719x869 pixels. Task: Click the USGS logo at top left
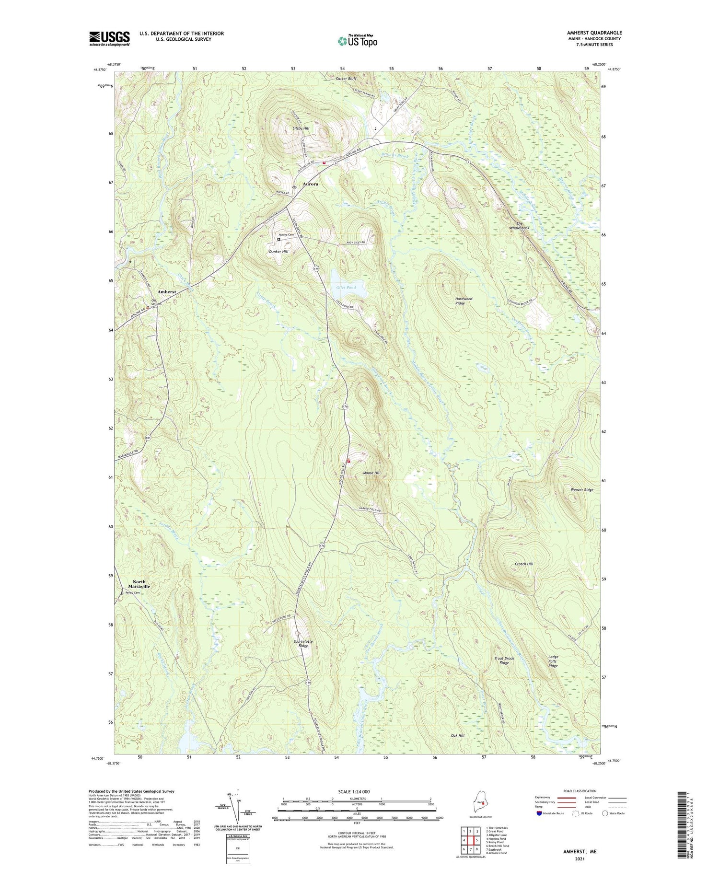[109, 38]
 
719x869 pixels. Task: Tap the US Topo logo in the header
[358, 41]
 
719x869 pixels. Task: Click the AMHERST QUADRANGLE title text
[594, 33]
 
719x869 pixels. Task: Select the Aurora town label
[310, 184]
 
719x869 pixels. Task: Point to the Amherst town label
[167, 292]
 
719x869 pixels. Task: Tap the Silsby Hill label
[301, 129]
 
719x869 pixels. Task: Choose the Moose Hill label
[371, 473]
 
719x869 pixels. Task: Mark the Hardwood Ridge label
[464, 301]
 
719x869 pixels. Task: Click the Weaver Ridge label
[582, 490]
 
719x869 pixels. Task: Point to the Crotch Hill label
[524, 564]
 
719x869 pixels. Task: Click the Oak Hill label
[457, 735]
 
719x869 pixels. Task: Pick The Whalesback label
[520, 226]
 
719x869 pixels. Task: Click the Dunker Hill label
[278, 252]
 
